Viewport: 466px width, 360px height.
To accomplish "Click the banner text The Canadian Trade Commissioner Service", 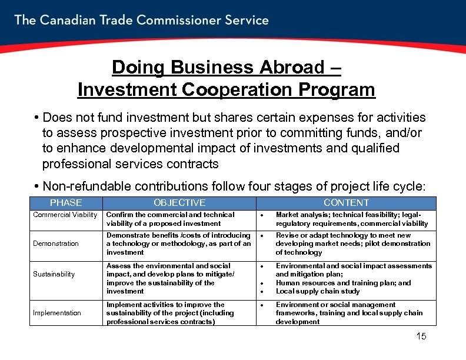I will point(141,20).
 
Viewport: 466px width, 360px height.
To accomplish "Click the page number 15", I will point(421,336).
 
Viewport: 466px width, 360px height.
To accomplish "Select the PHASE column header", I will point(66,203).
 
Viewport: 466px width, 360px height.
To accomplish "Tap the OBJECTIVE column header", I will point(179,203).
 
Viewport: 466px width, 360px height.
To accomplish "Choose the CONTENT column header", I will point(347,203).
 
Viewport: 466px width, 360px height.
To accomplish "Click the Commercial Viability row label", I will point(65,215).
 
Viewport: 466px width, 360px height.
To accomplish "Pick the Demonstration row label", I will point(56,244).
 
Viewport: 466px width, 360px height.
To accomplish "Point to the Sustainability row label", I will point(54,274).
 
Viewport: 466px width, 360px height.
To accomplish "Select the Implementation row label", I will point(57,313).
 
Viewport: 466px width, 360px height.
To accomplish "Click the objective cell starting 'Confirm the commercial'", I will point(170,219).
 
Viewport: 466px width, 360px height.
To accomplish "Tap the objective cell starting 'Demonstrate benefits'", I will point(178,244).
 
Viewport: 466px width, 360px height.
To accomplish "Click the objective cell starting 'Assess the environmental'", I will point(170,278).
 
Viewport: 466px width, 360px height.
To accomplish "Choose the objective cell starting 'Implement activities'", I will point(170,313).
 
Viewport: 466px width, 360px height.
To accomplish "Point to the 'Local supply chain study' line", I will point(318,291).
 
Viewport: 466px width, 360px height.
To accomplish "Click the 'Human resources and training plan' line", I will point(344,283).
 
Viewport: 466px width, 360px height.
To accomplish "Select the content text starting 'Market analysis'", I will point(352,219).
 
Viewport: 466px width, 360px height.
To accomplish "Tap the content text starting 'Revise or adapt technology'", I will point(353,244).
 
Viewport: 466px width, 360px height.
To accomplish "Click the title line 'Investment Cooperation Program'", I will point(226,90).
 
